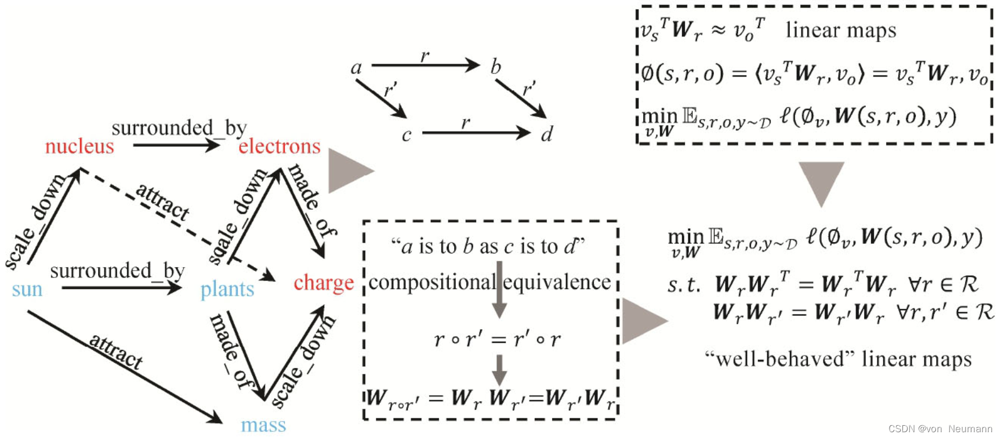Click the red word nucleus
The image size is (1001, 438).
pyautogui.click(x=79, y=147)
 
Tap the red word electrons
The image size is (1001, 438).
pyautogui.click(x=279, y=147)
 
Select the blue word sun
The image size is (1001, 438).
pyautogui.click(x=27, y=289)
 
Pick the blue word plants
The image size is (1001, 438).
pyautogui.click(x=227, y=289)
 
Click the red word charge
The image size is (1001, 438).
pyautogui.click(x=324, y=283)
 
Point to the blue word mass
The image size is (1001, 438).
pyautogui.click(x=263, y=425)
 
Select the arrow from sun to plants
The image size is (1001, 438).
pyautogui.click(x=121, y=287)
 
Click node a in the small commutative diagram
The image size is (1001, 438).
pyautogui.click(x=356, y=68)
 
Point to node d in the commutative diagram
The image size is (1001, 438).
pyautogui.click(x=546, y=135)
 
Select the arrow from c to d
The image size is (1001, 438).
pyautogui.click(x=476, y=133)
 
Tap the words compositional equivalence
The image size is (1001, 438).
pyautogui.click(x=489, y=282)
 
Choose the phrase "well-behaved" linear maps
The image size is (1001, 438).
pyautogui.click(x=838, y=359)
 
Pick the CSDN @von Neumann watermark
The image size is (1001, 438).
pyautogui.click(x=940, y=429)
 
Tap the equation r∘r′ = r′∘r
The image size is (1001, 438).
pyautogui.click(x=497, y=340)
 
